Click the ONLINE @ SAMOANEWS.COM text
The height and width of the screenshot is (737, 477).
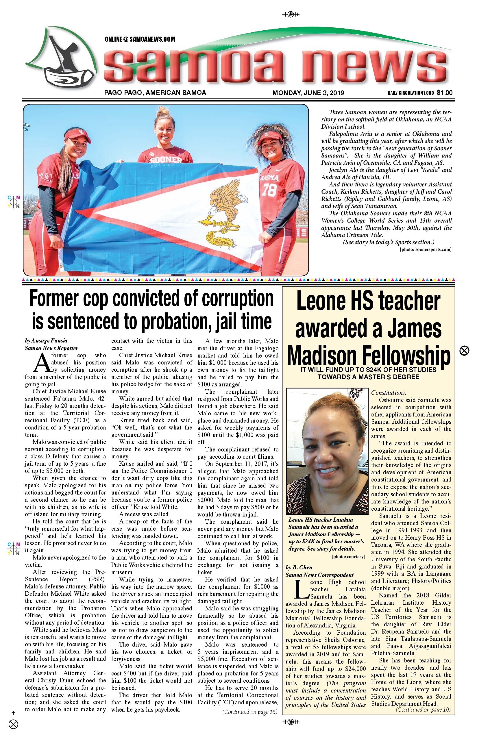click(140, 39)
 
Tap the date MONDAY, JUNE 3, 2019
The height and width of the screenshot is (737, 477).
click(308, 92)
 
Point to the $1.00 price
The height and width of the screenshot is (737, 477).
click(445, 92)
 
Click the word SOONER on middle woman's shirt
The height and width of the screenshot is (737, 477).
click(166, 160)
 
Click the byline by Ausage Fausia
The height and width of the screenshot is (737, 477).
click(46, 341)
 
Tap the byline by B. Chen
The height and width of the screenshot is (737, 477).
click(299, 567)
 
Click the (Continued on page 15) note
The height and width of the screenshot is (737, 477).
click(250, 712)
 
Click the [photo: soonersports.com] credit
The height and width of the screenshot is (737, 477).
click(426, 249)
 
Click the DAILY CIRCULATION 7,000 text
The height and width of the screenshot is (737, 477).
click(411, 93)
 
